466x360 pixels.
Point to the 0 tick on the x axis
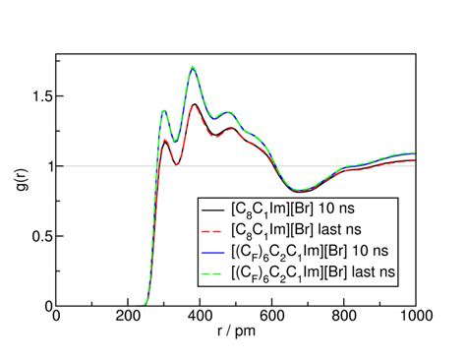tap(56, 317)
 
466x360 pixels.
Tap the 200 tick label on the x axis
tap(128, 317)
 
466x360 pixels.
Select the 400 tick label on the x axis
tap(201, 317)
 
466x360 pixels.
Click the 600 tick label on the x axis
tap(272, 317)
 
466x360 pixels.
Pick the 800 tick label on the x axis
tap(345, 317)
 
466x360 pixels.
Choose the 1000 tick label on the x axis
tap(415, 317)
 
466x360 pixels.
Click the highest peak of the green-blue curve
tap(193, 67)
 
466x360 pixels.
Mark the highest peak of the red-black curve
tap(195, 104)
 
